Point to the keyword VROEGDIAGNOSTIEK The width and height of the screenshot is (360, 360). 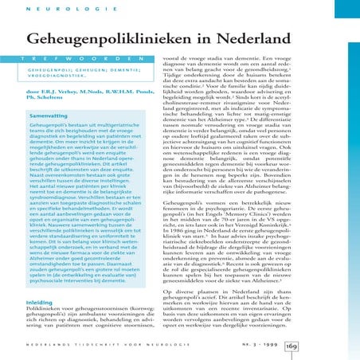point(55,76)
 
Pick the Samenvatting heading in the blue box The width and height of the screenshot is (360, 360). point(49,115)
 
